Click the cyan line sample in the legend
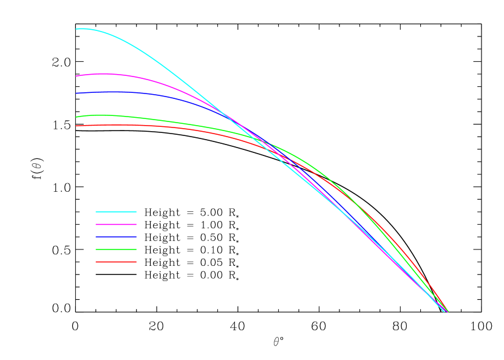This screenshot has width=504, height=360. [x=116, y=212]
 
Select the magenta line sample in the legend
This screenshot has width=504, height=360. [x=116, y=224]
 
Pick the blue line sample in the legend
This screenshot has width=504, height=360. [x=116, y=237]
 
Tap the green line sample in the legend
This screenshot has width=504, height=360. [x=116, y=250]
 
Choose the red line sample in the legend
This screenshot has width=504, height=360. [x=116, y=262]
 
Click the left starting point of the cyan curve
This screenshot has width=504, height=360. [x=77, y=29]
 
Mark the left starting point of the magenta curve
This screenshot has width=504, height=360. [x=77, y=76]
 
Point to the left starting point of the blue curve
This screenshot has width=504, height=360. [x=77, y=93]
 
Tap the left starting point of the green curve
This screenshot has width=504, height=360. [x=77, y=117]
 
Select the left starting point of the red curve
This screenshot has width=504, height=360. [x=77, y=126]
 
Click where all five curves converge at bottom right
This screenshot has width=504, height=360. [x=447, y=311]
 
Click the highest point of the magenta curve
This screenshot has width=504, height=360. [x=106, y=73]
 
